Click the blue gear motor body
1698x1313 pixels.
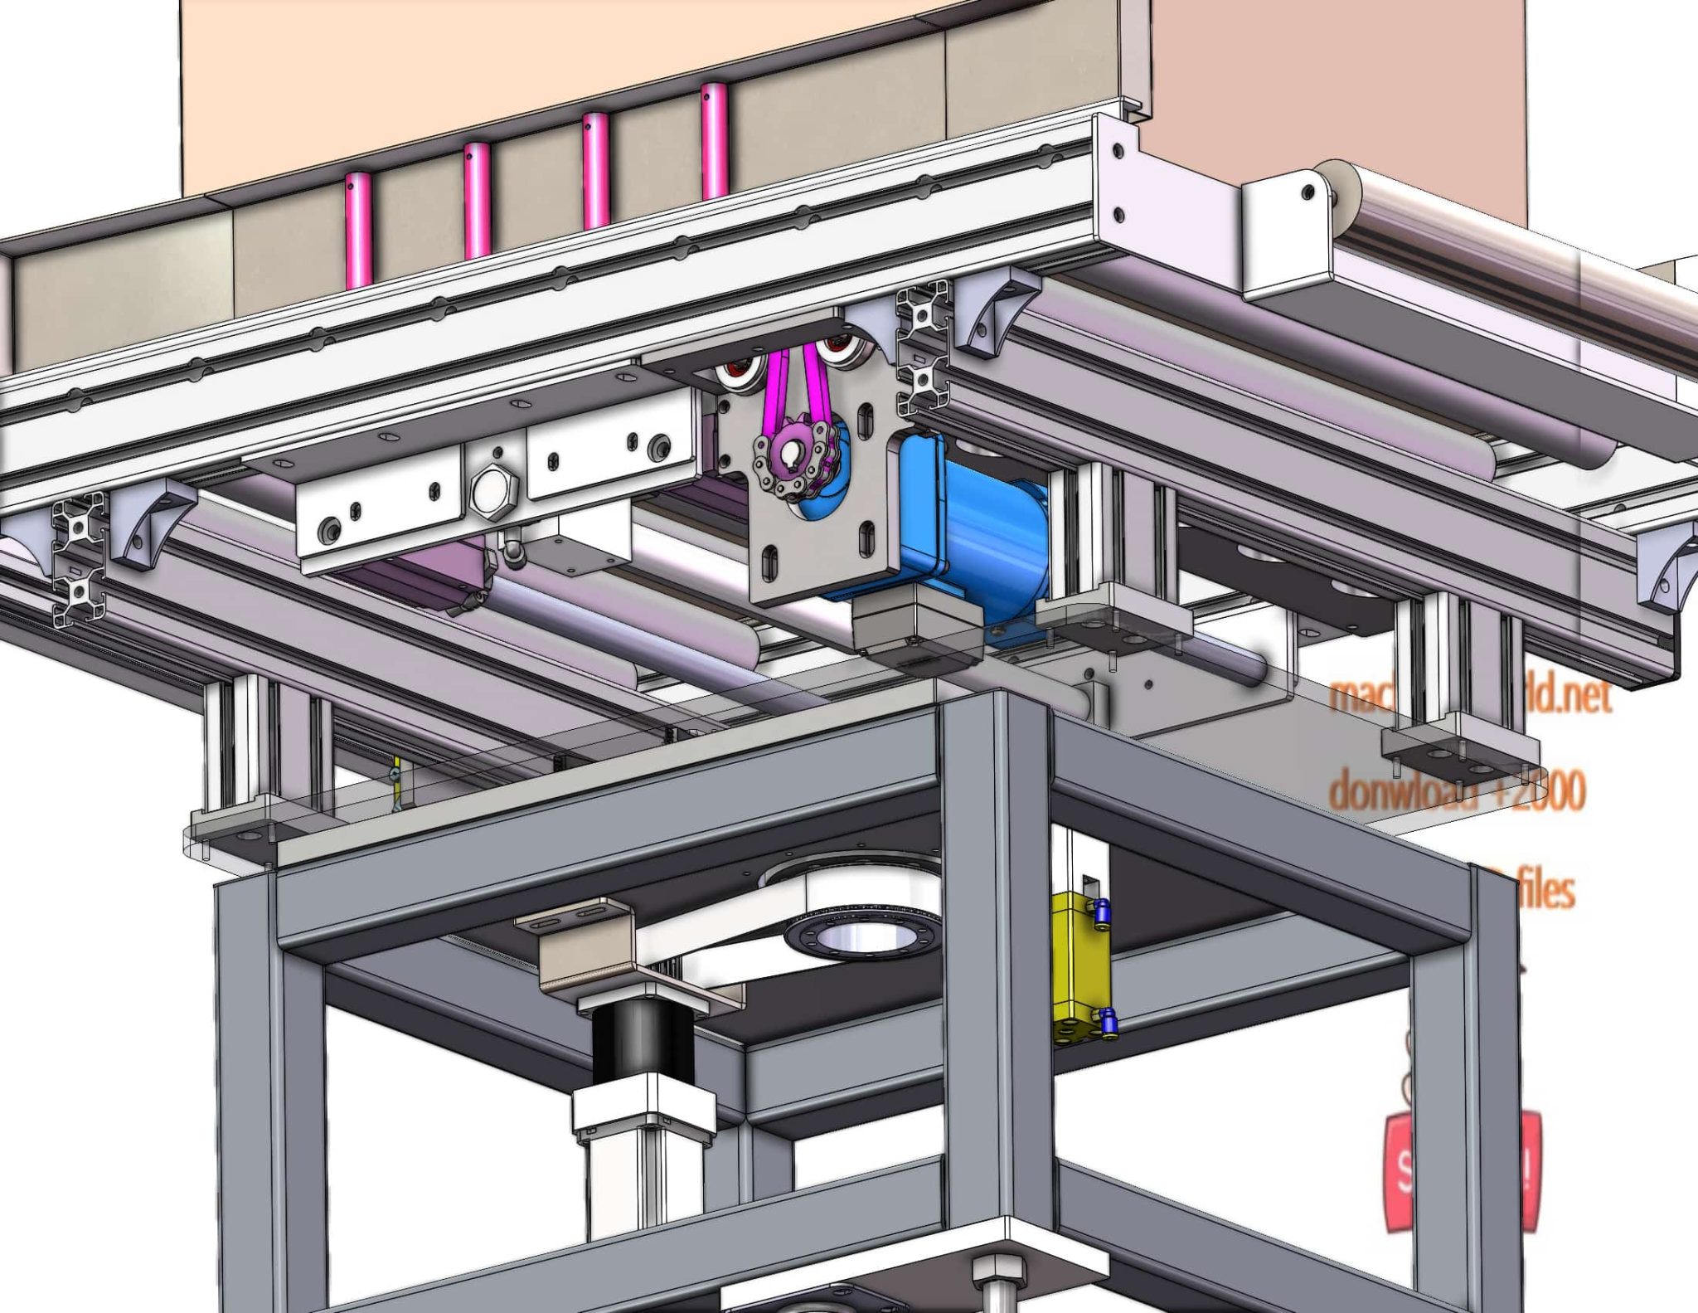tap(978, 531)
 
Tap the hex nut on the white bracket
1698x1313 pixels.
tap(492, 493)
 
